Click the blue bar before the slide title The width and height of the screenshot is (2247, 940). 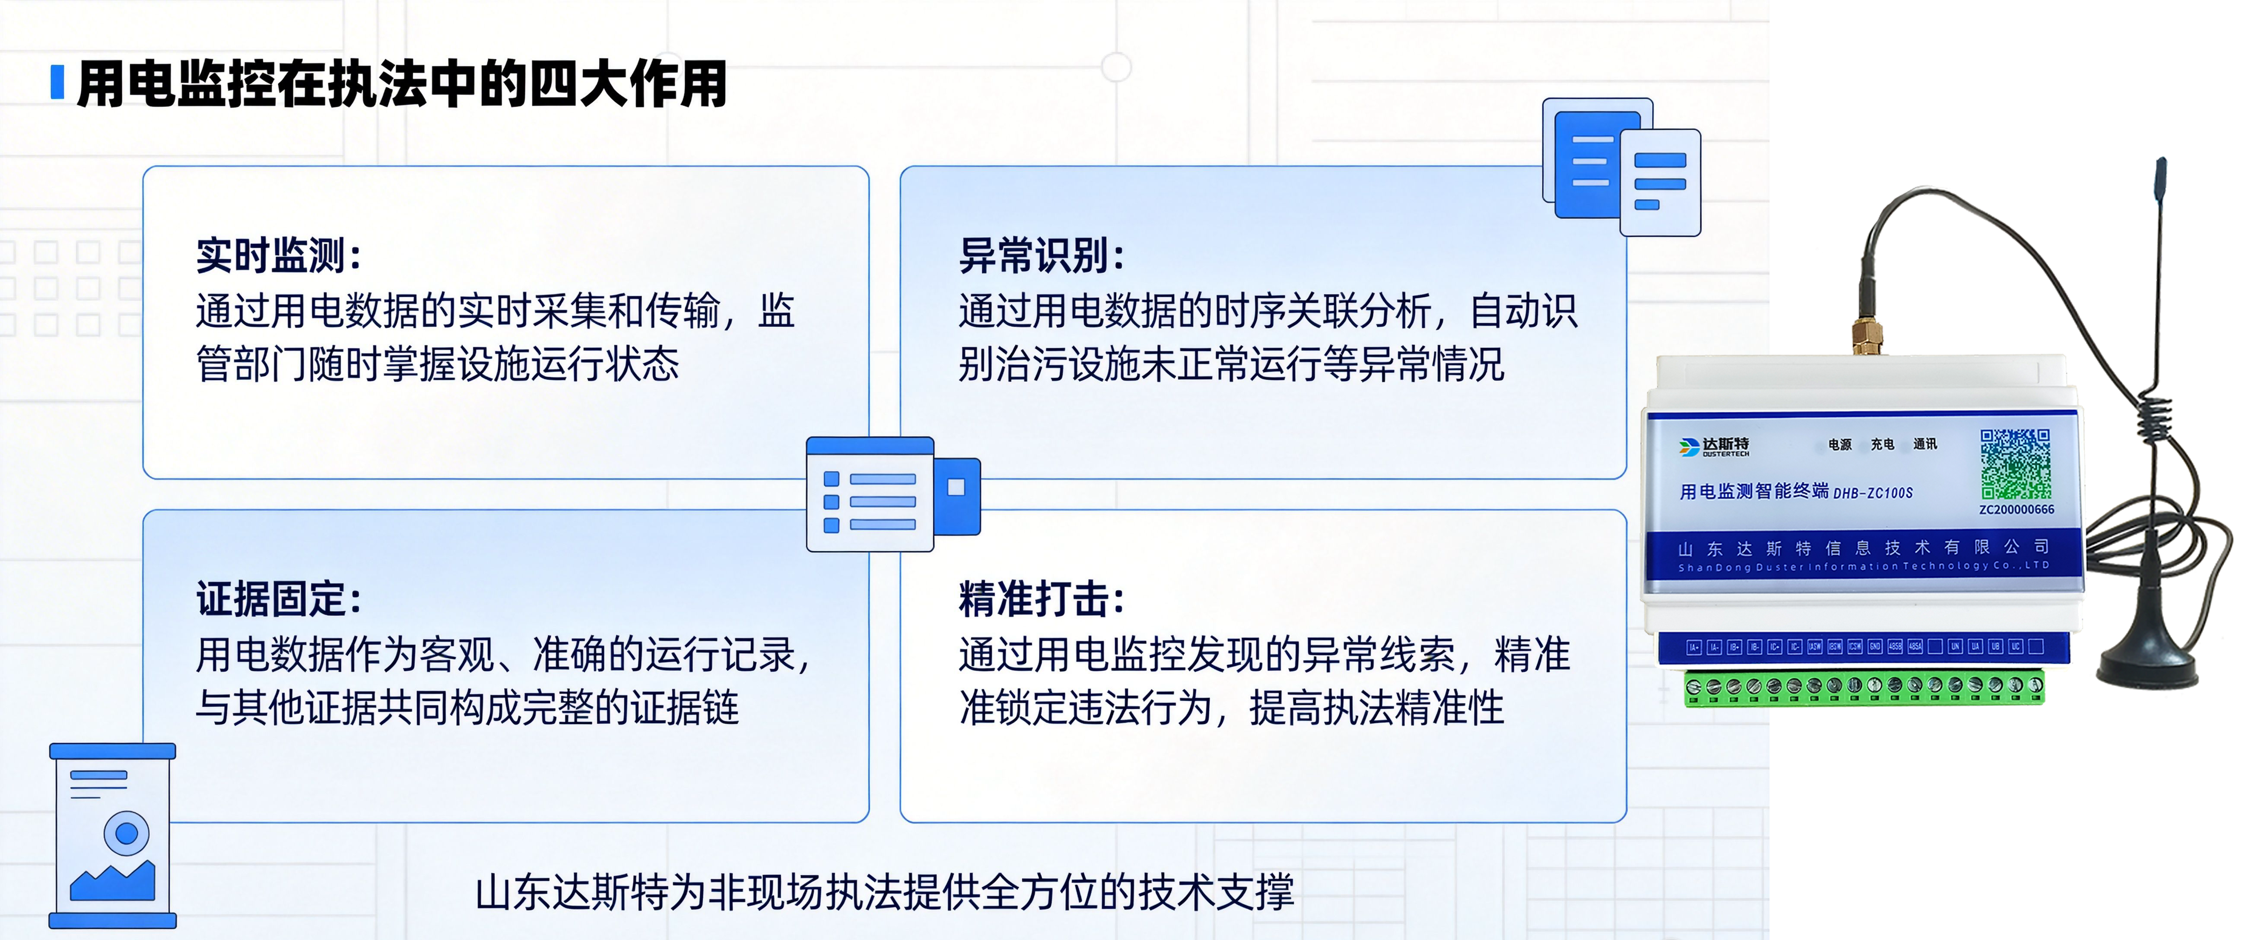click(x=57, y=83)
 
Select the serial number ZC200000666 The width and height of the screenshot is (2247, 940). click(x=2016, y=510)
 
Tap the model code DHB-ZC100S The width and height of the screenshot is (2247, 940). click(x=1873, y=493)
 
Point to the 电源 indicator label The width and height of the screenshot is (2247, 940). click(x=1840, y=444)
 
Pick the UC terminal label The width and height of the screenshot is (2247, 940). click(x=2015, y=647)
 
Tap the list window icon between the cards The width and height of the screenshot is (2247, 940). click(x=892, y=494)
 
